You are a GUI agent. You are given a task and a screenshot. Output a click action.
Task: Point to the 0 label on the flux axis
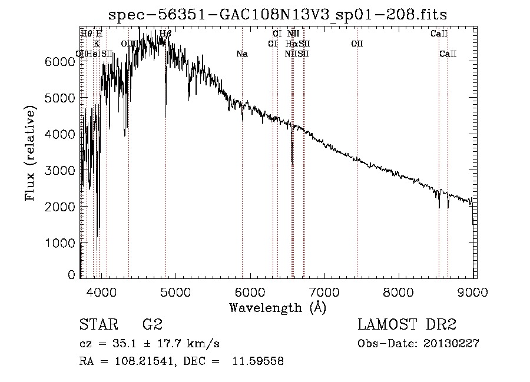point(72,275)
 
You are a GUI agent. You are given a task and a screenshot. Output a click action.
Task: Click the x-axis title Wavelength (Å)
point(277,307)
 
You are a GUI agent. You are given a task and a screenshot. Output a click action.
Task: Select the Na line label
point(241,54)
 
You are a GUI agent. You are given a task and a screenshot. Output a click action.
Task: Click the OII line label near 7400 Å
point(357,44)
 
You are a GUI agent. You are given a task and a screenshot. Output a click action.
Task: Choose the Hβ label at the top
point(165,34)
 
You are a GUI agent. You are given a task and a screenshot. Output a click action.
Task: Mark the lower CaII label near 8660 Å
point(448,54)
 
